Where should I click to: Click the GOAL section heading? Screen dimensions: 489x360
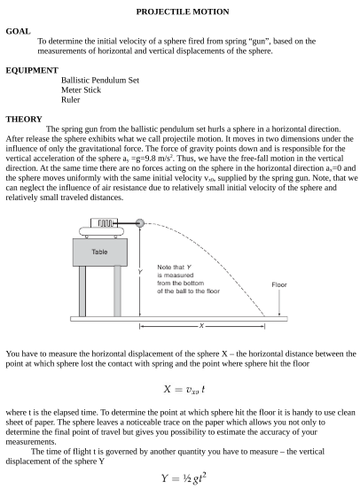click(18, 31)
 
